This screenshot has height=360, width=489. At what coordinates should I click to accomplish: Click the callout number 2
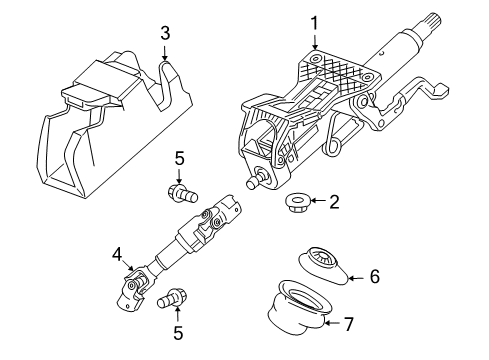(x=334, y=203)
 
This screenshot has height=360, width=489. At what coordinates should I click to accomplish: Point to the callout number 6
(x=375, y=275)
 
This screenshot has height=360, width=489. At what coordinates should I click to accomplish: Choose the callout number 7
(x=349, y=324)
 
